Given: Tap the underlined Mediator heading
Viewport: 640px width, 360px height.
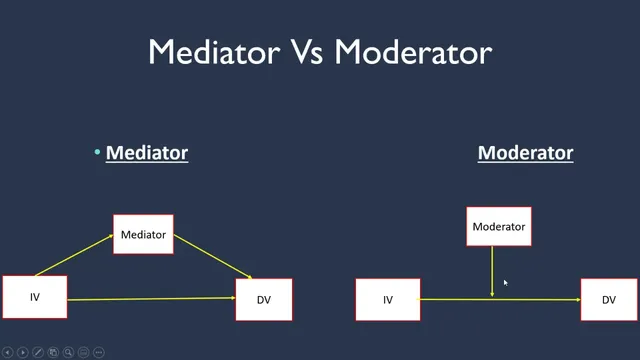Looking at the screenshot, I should coord(147,153).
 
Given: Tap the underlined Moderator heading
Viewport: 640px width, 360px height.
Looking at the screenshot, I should coord(525,153).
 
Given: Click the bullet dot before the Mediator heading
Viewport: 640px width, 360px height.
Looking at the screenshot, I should coord(98,153).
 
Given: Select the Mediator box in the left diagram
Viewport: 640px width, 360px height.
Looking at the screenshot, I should coord(143,235).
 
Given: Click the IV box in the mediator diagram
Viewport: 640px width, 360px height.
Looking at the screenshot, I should coord(34,297).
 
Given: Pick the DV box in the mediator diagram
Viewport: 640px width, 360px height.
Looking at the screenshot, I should coord(264,300).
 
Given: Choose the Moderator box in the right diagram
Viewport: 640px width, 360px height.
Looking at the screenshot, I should coord(498,227).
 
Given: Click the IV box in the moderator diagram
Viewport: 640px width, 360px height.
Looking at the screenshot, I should coord(388,300).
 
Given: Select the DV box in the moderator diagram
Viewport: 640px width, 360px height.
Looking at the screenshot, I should coord(609,300).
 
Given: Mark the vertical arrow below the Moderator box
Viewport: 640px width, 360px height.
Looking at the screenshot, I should coord(492,270).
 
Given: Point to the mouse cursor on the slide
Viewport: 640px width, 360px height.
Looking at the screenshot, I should coord(506,284).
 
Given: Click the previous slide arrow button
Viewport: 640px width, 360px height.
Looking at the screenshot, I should coord(8,352).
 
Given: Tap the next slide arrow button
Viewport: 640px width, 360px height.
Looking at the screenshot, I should coord(23,352).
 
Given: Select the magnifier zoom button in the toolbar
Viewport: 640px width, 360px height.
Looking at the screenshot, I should coord(68,352).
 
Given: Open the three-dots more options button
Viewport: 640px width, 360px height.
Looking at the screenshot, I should coord(98,352).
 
